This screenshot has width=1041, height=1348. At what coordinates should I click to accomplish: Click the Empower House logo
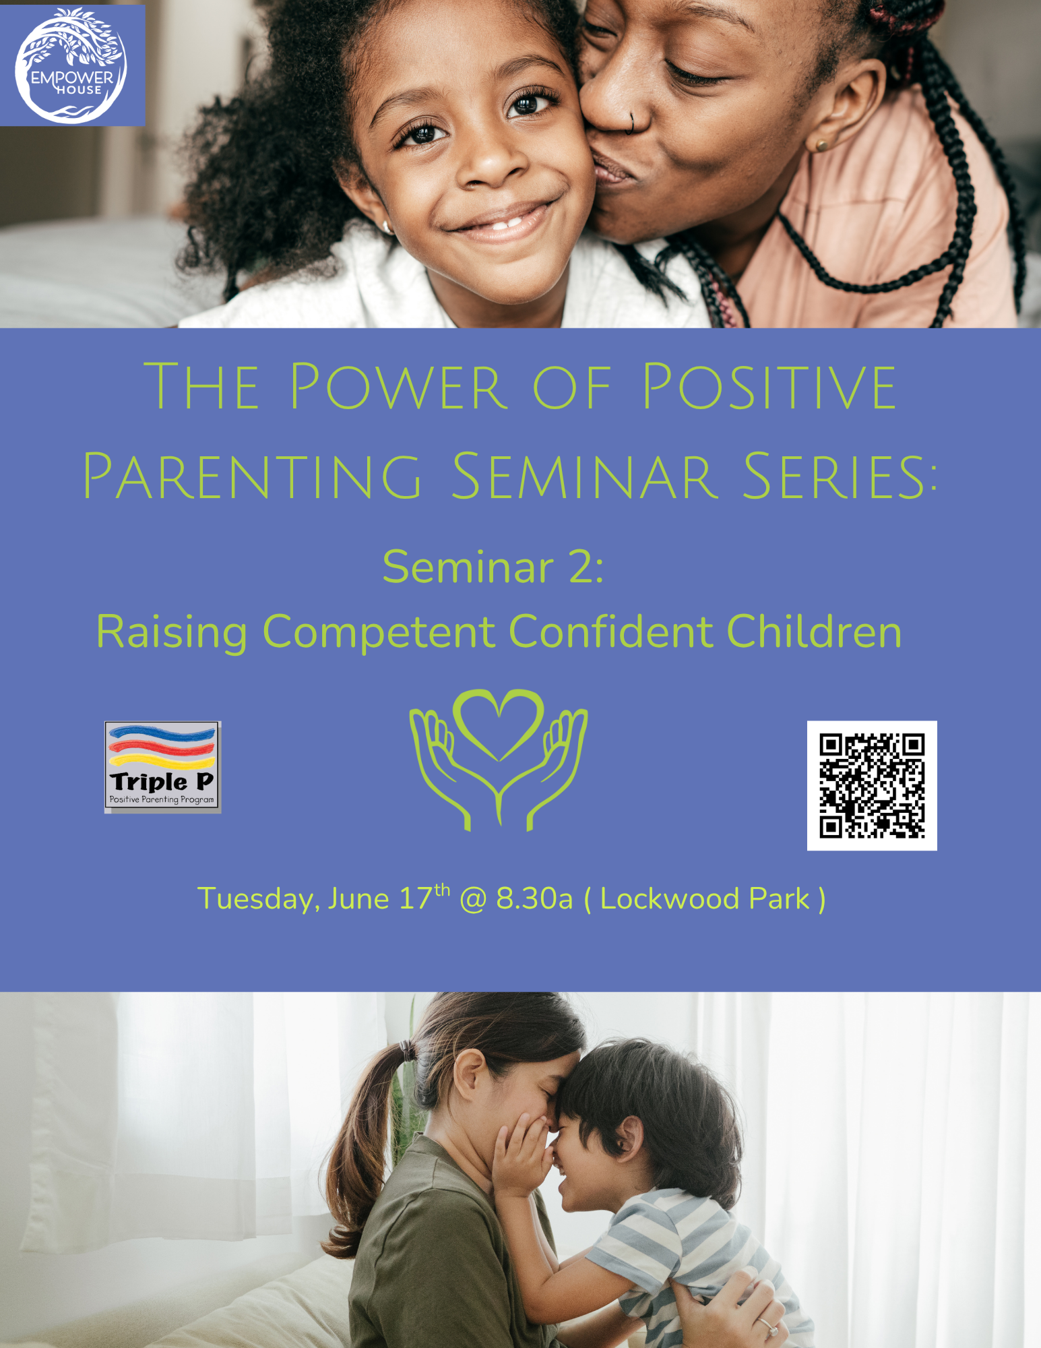coord(71,65)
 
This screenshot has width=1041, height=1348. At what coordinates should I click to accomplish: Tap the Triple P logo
coord(163,767)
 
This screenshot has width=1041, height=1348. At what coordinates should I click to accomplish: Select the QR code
coord(872,785)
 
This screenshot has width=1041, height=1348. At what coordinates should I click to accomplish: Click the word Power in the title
coord(397,386)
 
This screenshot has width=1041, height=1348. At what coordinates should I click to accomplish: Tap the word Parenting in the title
coord(252,477)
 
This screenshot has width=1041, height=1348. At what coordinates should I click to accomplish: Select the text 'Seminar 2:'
coord(493,567)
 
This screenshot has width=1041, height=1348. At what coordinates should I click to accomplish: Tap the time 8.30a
coord(534,899)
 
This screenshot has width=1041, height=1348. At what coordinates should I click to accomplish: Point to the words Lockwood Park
coord(705,899)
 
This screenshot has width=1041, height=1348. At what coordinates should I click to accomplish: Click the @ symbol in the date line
coord(473,900)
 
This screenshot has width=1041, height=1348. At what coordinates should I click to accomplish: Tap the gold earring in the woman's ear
coord(820,145)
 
